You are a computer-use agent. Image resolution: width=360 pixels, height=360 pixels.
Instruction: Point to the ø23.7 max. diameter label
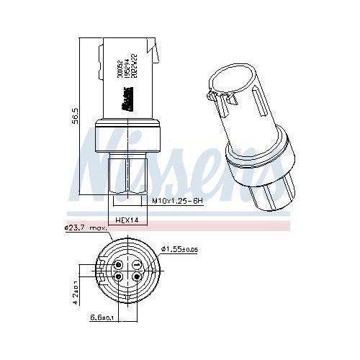pos(86,229)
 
